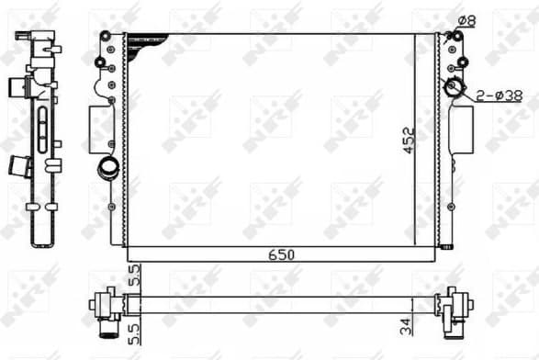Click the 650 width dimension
(x=281, y=254)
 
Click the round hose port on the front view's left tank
(x=107, y=169)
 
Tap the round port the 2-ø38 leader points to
(x=454, y=89)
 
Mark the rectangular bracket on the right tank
(x=462, y=126)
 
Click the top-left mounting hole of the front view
(x=106, y=38)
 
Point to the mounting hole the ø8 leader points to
(x=448, y=37)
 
